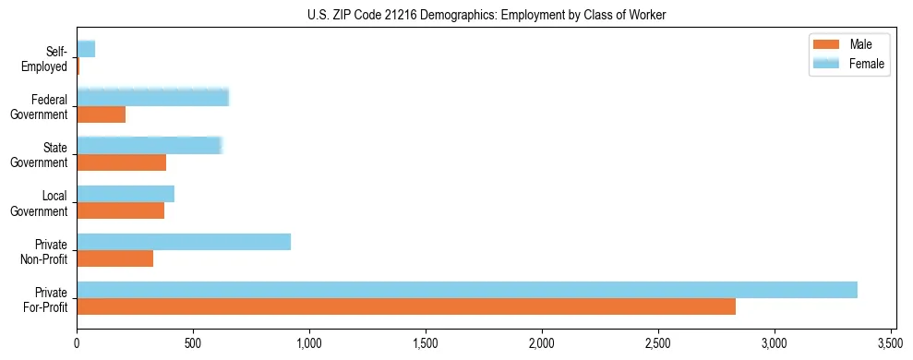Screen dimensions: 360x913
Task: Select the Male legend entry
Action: point(849,44)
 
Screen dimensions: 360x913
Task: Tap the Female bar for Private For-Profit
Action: point(466,290)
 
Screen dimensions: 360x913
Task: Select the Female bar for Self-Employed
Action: point(86,49)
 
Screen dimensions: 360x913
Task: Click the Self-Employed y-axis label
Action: point(48,58)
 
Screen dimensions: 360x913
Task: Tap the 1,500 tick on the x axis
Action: point(426,342)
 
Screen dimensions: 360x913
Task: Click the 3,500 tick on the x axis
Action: point(890,342)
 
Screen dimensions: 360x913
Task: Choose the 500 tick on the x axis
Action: point(193,342)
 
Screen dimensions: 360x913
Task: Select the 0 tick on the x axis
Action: point(77,342)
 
